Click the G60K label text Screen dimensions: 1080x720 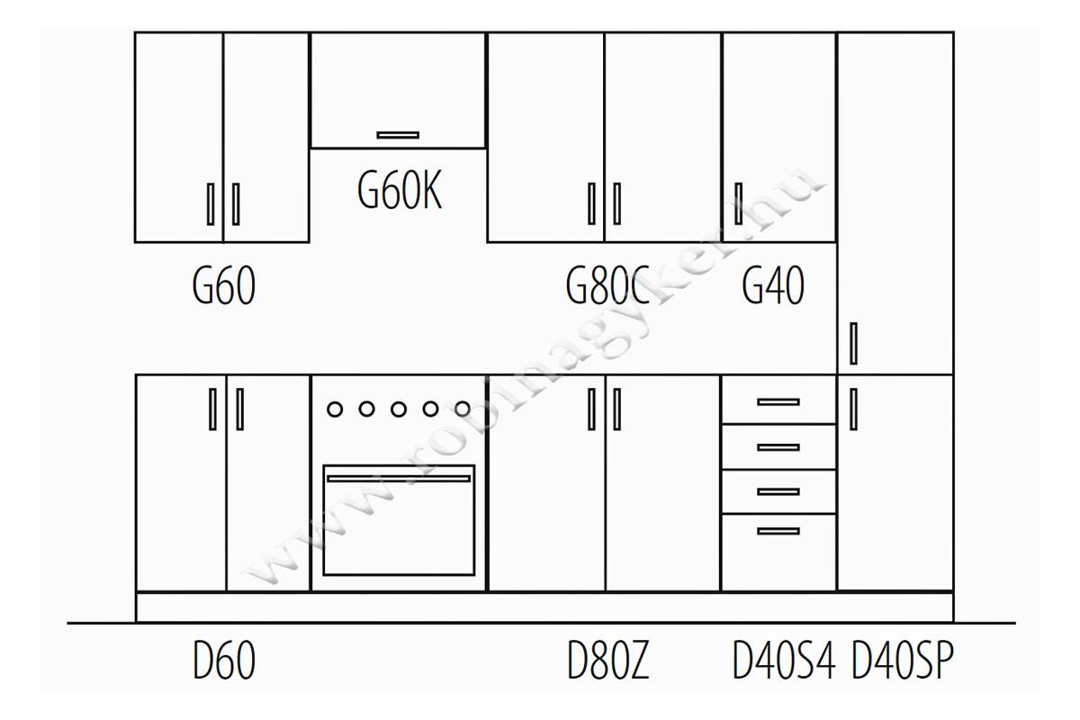[400, 191]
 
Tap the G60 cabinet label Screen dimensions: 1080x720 [224, 285]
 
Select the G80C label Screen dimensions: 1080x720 [607, 285]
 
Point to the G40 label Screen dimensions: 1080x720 [773, 285]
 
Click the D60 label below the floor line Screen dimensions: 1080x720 [224, 661]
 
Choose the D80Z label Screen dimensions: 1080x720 [608, 661]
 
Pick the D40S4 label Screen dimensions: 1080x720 [784, 661]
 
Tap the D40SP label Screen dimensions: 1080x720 [903, 661]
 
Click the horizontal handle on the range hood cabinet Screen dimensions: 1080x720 [398, 135]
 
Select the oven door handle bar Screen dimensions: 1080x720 [399, 479]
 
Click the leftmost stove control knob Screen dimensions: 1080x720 [335, 409]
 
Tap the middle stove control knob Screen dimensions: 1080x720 [398, 409]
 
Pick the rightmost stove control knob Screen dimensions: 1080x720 [463, 409]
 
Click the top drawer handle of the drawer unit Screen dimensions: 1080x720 [778, 402]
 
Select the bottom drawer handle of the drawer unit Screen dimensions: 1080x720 [778, 531]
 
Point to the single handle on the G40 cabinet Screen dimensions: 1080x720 [738, 203]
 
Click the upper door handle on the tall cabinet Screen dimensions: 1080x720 [853, 344]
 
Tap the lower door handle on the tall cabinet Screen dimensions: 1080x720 [853, 409]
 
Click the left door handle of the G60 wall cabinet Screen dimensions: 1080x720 [211, 204]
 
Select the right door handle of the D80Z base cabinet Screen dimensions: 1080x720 [616, 409]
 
